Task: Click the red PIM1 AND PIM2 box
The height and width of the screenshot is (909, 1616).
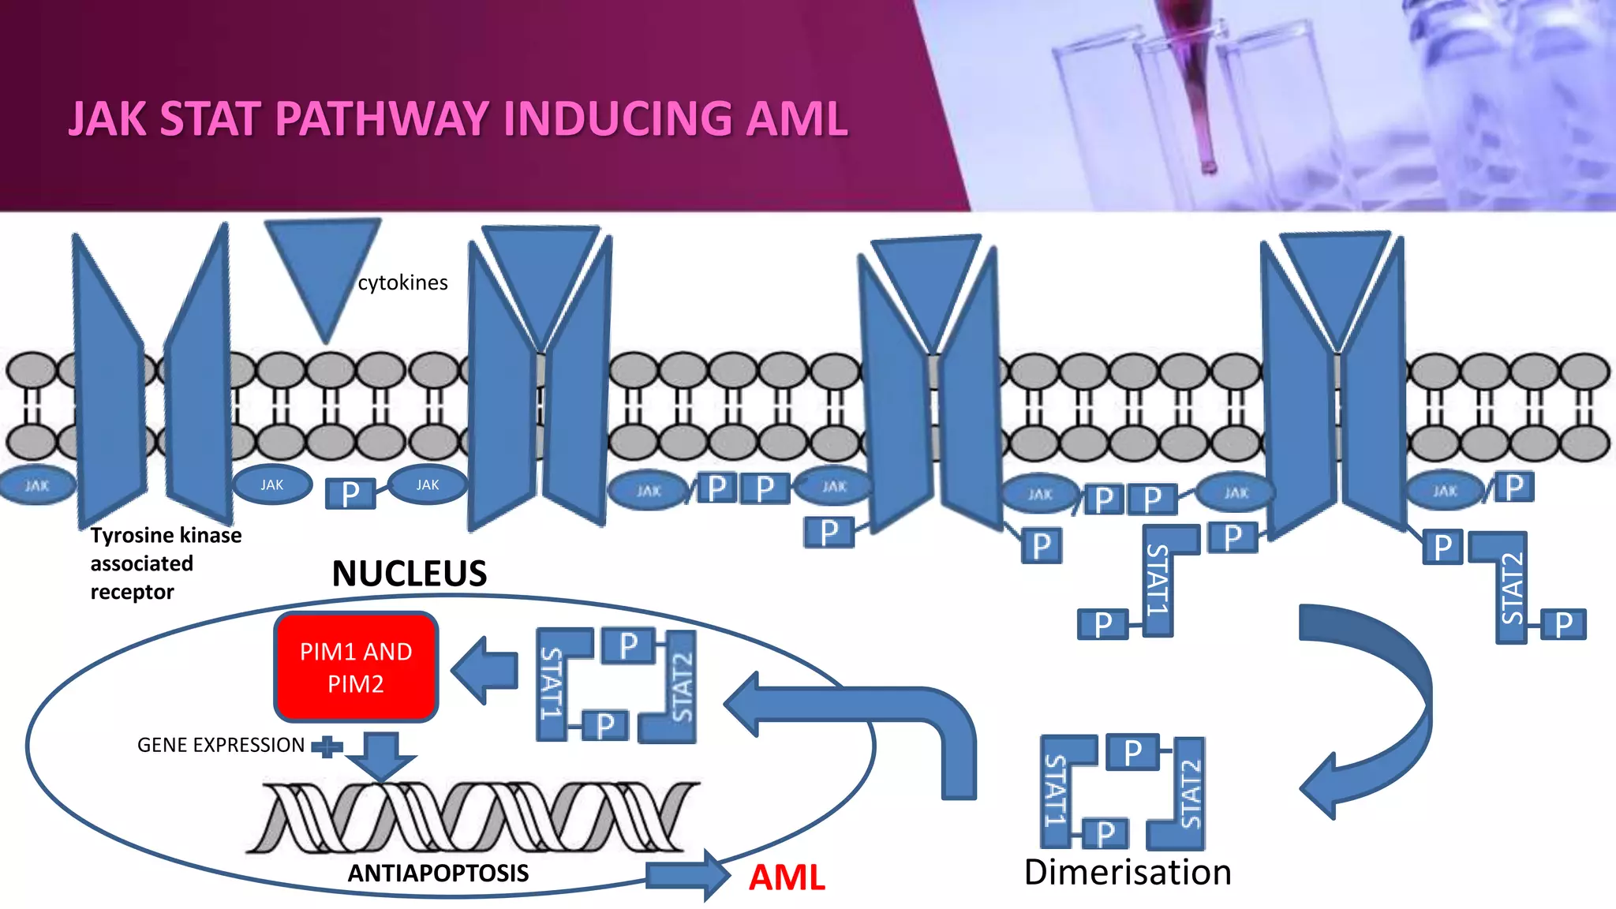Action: tap(356, 667)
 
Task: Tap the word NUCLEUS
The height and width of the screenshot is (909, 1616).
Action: tap(409, 574)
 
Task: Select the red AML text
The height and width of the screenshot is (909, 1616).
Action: tap(787, 877)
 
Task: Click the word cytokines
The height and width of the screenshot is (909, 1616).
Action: tap(402, 282)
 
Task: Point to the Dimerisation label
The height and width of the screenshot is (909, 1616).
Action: tap(1128, 872)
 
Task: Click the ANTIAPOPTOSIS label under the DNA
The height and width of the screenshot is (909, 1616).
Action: tap(438, 873)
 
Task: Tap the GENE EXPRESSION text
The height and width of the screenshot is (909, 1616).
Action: tap(221, 745)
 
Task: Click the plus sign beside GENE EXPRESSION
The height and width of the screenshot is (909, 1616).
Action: tap(327, 746)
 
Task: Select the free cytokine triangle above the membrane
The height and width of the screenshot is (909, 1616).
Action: tap(322, 268)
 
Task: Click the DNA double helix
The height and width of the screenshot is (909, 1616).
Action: tap(473, 817)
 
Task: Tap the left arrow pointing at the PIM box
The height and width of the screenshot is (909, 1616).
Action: tap(485, 671)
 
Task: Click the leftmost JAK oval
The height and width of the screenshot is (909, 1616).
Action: tap(36, 485)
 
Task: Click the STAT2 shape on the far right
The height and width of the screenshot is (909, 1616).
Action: tap(1509, 588)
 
